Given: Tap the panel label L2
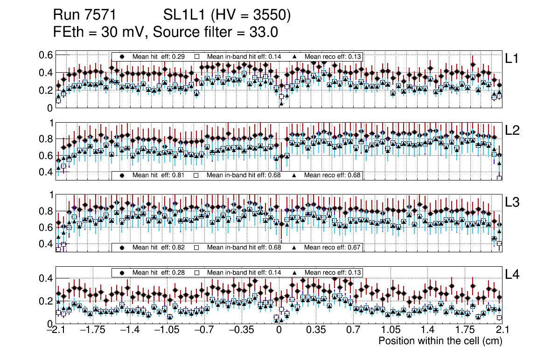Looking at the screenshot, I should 513,131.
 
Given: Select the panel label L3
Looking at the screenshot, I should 513,203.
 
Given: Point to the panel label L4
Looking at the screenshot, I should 513,275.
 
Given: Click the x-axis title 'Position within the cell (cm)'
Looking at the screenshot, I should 440,341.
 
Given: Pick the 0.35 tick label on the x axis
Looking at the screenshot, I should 315,330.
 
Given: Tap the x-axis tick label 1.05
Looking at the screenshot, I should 390,330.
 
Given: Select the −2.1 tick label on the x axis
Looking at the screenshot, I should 56,330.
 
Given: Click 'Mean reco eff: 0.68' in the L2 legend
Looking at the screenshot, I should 333,175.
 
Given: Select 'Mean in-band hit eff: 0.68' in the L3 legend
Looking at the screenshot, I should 244,247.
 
